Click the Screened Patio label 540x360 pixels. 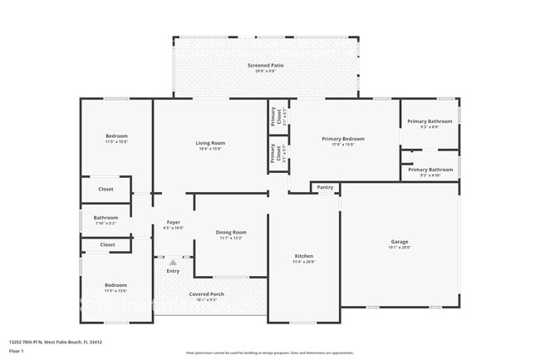(265, 64)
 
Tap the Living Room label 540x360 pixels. (210, 143)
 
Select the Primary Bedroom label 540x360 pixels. (343, 139)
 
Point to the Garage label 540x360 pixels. (400, 242)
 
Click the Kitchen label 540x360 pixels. (303, 256)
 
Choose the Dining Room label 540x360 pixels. (231, 232)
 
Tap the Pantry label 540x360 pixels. (325, 188)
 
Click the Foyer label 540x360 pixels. (174, 222)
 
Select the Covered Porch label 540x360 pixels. (206, 294)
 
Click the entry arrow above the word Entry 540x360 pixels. (173, 262)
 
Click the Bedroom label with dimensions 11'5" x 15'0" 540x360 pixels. (116, 136)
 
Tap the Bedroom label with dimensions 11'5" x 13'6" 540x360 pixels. (115, 285)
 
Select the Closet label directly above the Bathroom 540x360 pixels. (106, 190)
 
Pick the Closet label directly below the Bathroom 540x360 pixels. (107, 244)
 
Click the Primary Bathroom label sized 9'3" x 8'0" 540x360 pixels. (430, 121)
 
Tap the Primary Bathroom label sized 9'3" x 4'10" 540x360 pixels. (430, 170)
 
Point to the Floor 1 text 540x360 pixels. (16, 351)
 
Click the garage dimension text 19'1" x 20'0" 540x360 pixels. (400, 248)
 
